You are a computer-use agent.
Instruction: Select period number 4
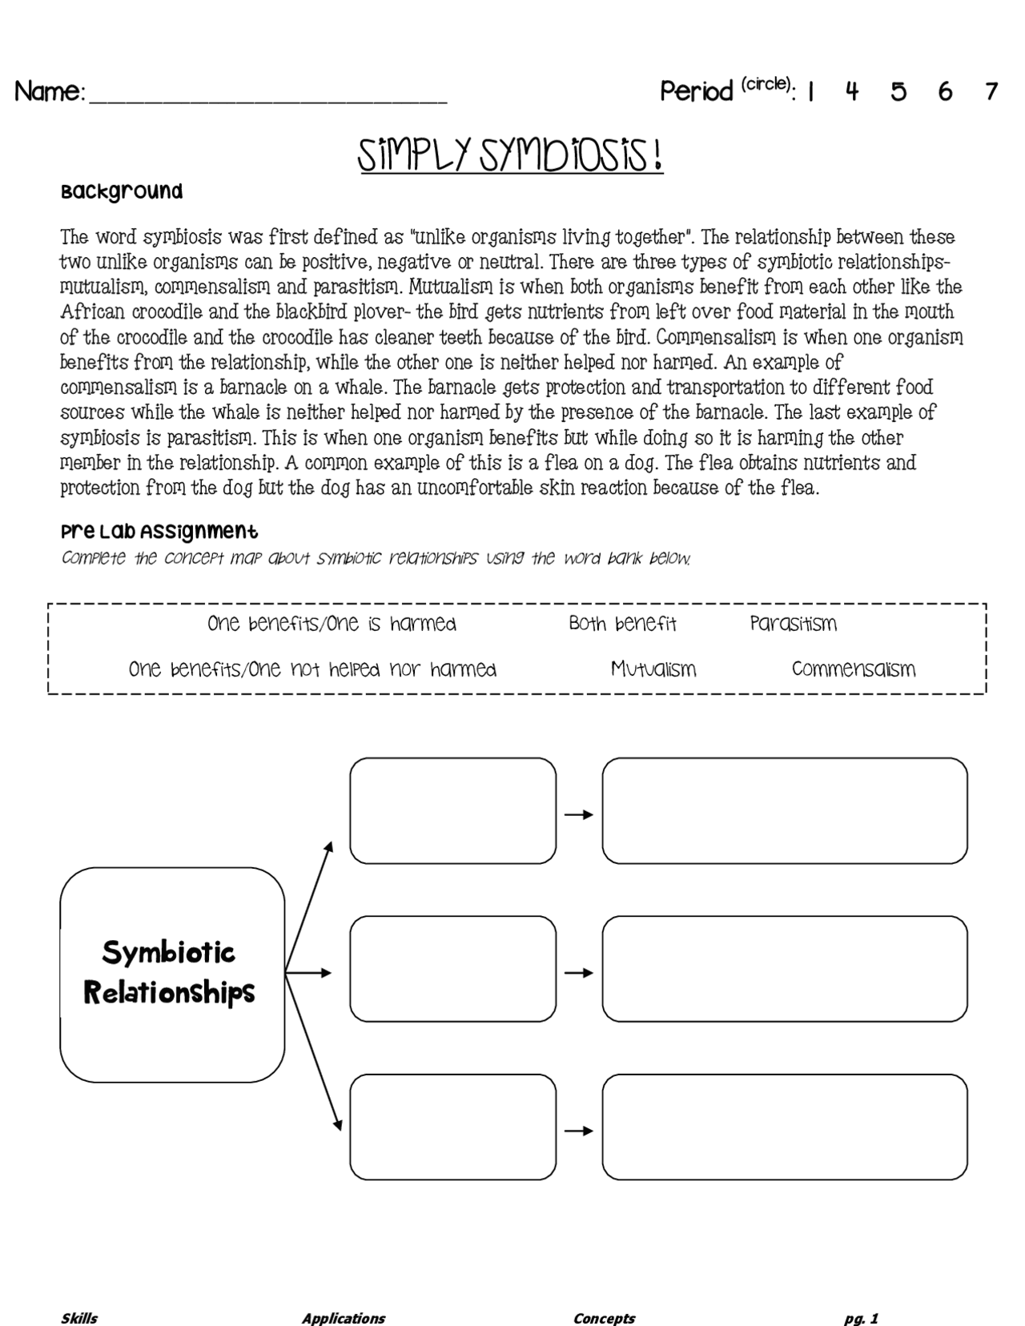tap(852, 91)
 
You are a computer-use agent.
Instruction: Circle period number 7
tap(991, 91)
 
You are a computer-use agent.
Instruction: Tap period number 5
tap(898, 91)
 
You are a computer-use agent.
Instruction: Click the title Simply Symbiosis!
tap(510, 155)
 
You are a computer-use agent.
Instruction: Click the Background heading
tap(122, 191)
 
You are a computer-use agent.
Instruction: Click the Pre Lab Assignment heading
tap(159, 532)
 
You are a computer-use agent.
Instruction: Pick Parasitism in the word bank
tap(793, 624)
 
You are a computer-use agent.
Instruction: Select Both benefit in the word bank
tap(622, 624)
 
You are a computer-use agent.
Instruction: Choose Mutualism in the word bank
tap(653, 669)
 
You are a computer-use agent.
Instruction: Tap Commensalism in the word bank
tap(853, 669)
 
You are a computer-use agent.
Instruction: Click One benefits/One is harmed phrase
tap(332, 624)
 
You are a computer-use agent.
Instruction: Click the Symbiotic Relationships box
tap(171, 974)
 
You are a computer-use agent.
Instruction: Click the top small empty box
tap(452, 810)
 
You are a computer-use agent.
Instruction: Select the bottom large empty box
tap(784, 1127)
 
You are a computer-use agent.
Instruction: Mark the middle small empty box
tap(452, 969)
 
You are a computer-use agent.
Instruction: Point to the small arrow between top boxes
tap(578, 814)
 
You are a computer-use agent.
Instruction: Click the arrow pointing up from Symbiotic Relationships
tap(309, 904)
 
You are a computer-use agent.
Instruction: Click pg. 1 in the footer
tap(861, 1318)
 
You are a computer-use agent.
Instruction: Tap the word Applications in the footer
tap(343, 1318)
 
